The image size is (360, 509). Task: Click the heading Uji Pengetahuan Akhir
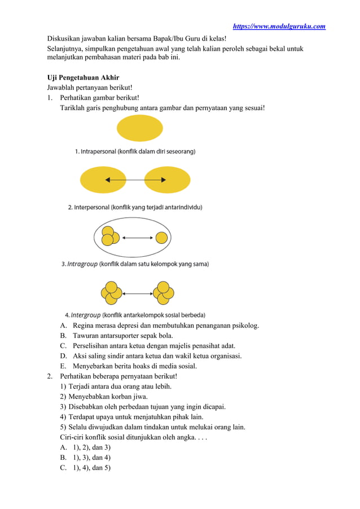(82, 77)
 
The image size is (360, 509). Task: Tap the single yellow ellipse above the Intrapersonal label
(140, 128)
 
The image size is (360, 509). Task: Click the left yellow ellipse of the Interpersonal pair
(103, 180)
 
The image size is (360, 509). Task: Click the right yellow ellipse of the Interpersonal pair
(168, 180)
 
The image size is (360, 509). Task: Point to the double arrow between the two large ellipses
(135, 180)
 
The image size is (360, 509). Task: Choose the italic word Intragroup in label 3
(82, 264)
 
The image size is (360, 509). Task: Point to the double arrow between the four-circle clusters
(138, 292)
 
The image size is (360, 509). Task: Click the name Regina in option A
(84, 326)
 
